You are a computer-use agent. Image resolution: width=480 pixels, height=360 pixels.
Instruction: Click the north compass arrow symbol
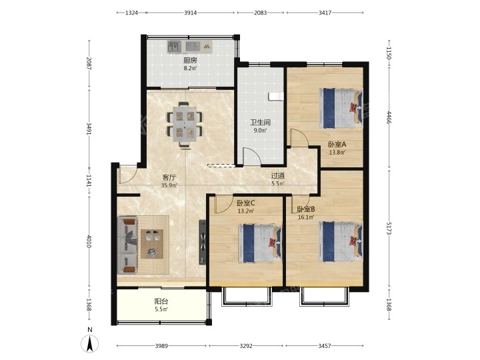coord(90,344)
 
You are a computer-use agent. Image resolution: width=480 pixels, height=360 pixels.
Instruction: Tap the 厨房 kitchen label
coord(190,60)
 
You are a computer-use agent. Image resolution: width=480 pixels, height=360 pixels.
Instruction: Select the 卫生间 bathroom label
coord(260,123)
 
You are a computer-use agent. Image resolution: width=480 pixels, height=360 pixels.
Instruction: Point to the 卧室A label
coord(337,144)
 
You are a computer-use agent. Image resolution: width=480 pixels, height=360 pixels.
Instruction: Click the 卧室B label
coord(306,209)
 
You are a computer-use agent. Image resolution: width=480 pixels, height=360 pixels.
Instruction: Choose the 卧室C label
coord(246,203)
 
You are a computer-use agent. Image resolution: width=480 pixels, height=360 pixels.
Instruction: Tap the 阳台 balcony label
coord(161,301)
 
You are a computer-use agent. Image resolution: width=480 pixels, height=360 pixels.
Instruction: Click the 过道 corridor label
coord(278,176)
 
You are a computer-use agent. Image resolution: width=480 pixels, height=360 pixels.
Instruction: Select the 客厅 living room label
coord(169,177)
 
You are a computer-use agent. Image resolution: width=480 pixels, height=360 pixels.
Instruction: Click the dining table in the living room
coord(184,124)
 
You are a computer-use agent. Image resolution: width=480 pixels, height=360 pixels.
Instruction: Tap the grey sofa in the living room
coord(127,245)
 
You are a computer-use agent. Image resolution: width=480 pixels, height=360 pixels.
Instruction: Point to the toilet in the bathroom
coord(276,96)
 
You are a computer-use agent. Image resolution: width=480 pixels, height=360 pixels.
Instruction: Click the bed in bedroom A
coord(341,109)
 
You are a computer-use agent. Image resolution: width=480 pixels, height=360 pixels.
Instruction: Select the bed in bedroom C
coord(260,243)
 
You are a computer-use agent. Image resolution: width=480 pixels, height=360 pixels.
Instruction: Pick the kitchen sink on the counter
coord(174,47)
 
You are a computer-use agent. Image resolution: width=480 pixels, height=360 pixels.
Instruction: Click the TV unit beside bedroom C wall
coord(203,242)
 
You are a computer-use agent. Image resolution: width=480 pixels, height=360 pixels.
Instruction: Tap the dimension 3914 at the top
coord(191,13)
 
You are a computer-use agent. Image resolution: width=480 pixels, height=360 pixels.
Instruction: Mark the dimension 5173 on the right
coord(389,229)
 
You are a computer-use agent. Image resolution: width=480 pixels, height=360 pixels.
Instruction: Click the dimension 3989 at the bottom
coord(161,346)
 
